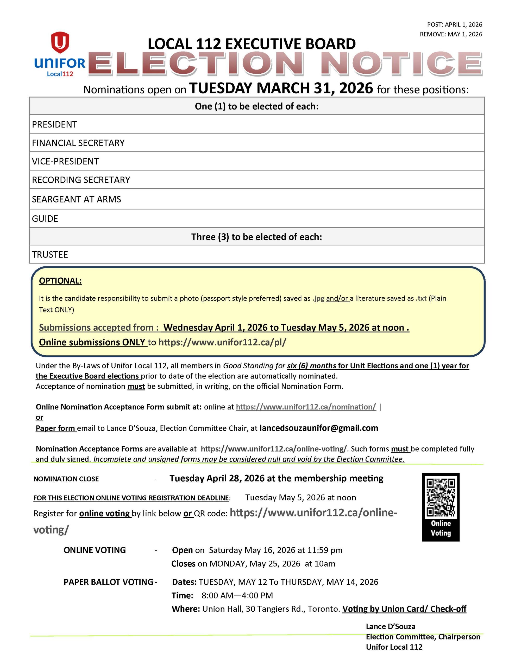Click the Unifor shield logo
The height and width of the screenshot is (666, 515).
coord(60,43)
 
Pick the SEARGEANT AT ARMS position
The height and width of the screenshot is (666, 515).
coord(76,199)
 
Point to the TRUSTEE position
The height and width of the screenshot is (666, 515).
coord(50,255)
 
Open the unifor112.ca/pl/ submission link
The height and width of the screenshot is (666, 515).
coord(222,342)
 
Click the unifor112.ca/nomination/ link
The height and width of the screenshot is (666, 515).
coord(306,407)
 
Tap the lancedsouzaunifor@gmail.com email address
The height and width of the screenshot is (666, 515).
coord(318,428)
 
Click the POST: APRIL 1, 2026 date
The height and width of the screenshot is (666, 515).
coord(454,25)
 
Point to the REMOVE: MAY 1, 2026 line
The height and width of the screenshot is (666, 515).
coord(451,34)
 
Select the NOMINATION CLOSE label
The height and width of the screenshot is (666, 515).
coord(66,479)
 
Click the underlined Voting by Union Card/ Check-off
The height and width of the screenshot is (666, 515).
coord(404,609)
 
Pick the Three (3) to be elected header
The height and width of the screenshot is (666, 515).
coord(256,237)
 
